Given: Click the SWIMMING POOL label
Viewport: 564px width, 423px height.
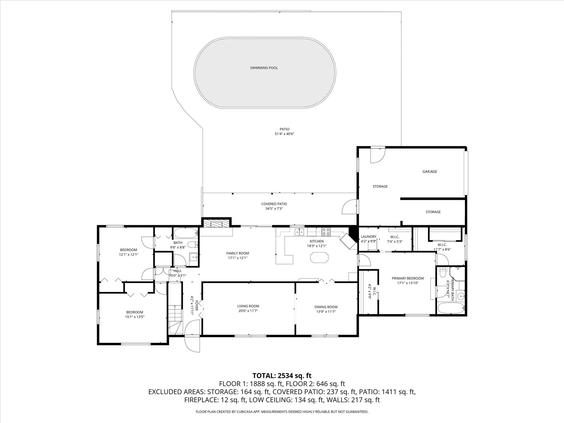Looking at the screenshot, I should (264, 68).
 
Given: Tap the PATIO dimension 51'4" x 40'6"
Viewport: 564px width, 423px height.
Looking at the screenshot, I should (284, 134).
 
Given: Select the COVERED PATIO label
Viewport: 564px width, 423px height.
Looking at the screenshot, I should (274, 204).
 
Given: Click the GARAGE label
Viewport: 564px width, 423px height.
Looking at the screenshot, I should (430, 172).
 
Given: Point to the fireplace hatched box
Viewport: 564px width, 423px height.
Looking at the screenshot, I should (216, 223).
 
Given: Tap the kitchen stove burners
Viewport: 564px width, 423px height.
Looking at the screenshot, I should (326, 232).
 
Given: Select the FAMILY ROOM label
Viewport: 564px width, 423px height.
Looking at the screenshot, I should (237, 253).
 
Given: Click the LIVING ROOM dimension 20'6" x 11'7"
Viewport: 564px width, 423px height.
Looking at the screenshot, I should (248, 311).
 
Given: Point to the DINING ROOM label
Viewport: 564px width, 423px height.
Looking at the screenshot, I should (326, 307).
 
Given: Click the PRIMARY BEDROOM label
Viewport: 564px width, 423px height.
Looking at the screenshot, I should (408, 278).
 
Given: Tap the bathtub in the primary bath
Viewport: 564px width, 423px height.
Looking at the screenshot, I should (450, 308).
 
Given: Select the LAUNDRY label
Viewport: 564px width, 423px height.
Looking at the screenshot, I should (368, 237).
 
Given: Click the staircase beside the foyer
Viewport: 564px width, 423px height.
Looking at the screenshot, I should (175, 319).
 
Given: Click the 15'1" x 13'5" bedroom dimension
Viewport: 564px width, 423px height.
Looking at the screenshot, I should (135, 317).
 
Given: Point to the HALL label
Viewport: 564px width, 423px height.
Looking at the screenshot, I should (178, 271).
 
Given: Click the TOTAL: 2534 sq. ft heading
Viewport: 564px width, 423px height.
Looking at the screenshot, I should (282, 376).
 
